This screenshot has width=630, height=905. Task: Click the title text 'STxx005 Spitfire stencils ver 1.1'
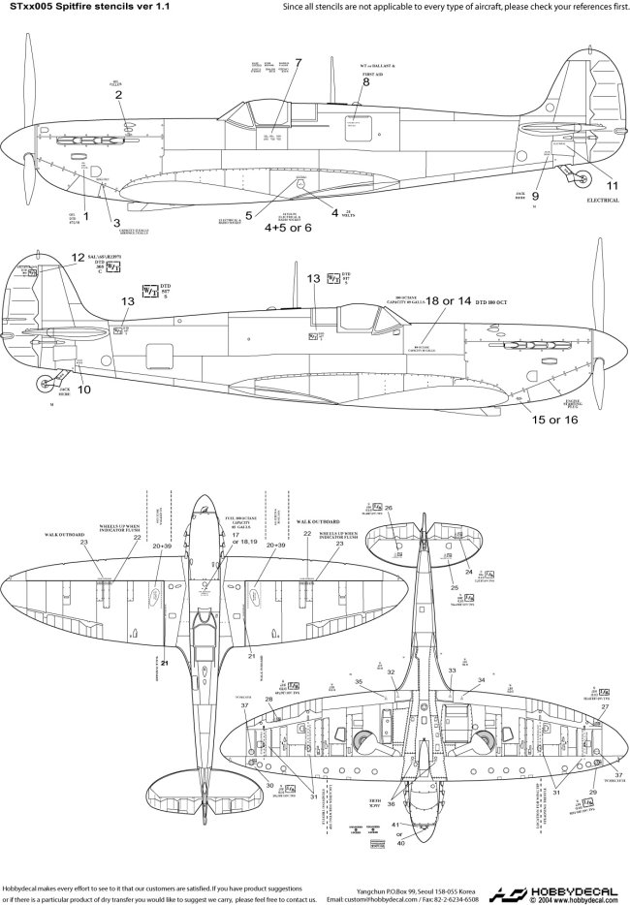(76, 7)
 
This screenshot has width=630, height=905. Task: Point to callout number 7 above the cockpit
(299, 62)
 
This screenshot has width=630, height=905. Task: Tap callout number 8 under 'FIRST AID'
(366, 82)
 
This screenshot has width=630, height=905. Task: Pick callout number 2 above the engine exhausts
(117, 95)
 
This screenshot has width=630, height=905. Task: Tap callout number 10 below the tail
(83, 390)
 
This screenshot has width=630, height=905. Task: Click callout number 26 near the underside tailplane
(389, 508)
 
